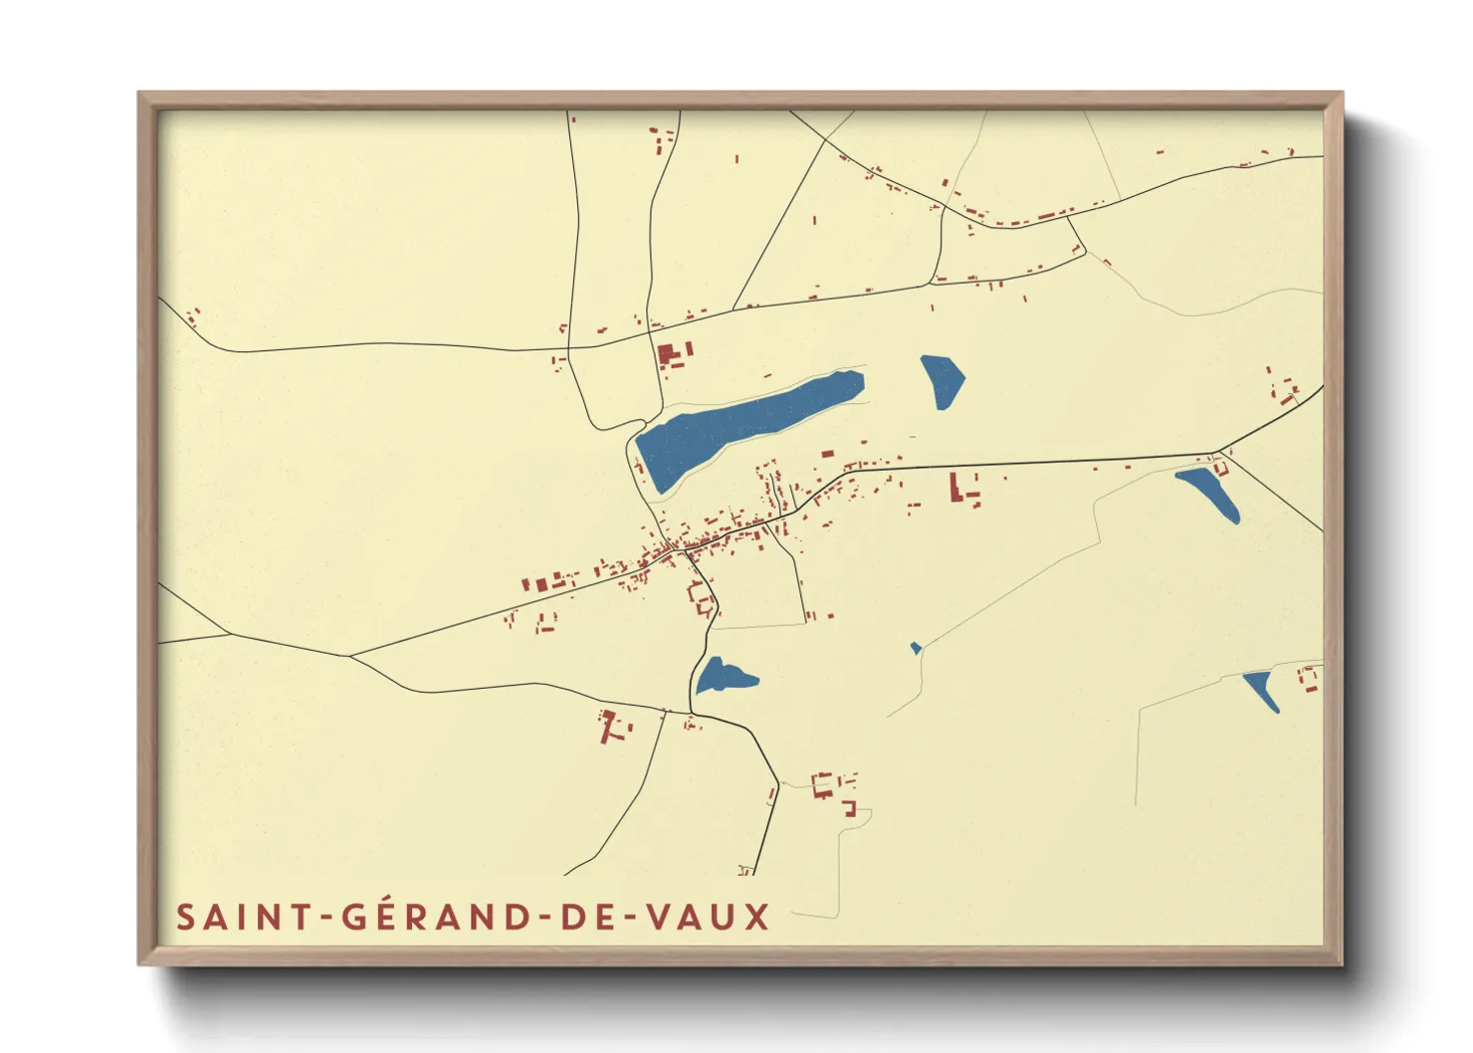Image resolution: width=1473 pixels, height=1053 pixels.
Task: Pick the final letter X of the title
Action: [757, 917]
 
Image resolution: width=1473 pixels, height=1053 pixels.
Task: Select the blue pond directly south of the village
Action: [722, 676]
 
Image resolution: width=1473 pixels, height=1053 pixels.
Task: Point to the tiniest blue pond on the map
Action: [916, 648]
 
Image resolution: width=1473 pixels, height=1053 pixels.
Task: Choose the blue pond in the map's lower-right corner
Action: [1262, 689]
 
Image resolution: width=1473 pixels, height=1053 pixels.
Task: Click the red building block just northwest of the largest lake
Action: [672, 355]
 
